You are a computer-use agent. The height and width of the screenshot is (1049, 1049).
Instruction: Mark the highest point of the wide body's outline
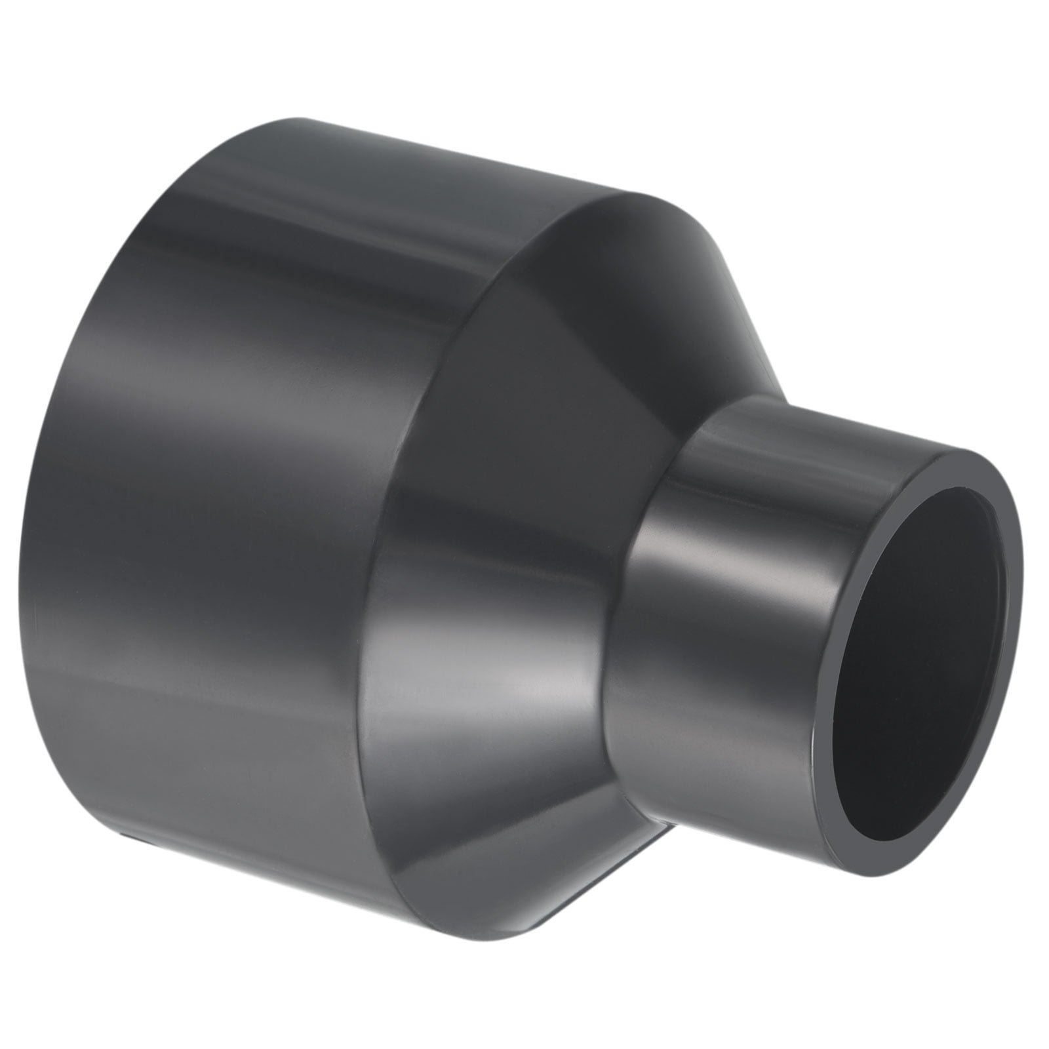(288, 118)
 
